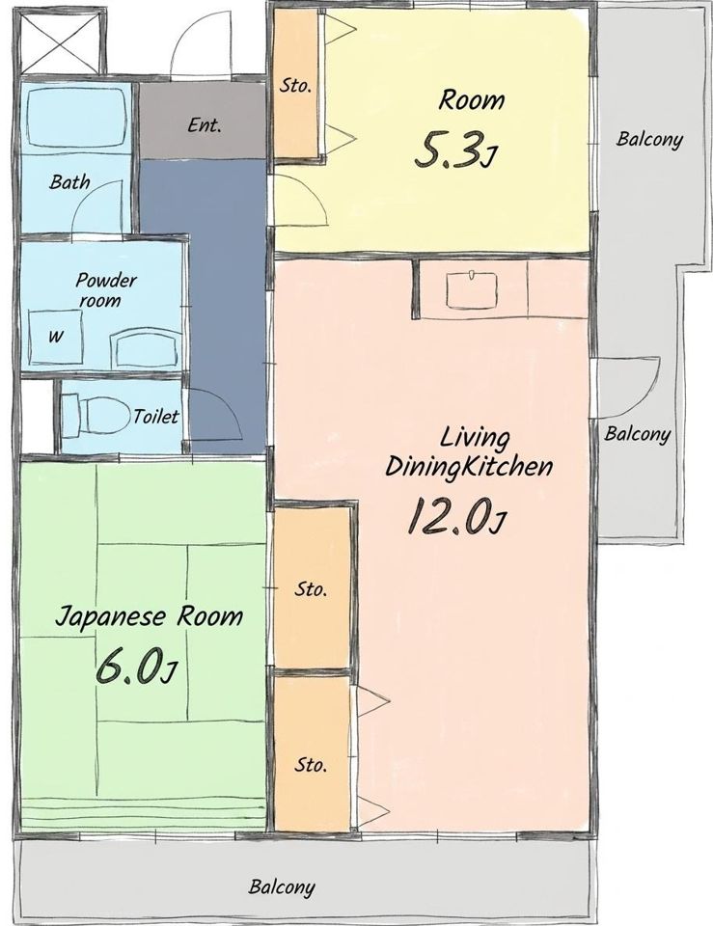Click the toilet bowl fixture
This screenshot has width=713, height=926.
pos(96,416)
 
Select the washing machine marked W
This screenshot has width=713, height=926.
pos(56,337)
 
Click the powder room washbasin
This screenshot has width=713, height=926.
pos(144,348)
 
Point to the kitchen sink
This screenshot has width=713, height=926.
pos(472,289)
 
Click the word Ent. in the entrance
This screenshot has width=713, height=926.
pos(205,125)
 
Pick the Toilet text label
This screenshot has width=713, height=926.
pos(155,417)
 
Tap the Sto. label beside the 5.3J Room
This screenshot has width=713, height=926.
pos(295,86)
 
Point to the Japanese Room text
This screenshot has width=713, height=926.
pos(149,616)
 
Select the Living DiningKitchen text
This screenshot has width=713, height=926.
pos(470,452)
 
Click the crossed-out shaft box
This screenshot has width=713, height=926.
pos(60,41)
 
